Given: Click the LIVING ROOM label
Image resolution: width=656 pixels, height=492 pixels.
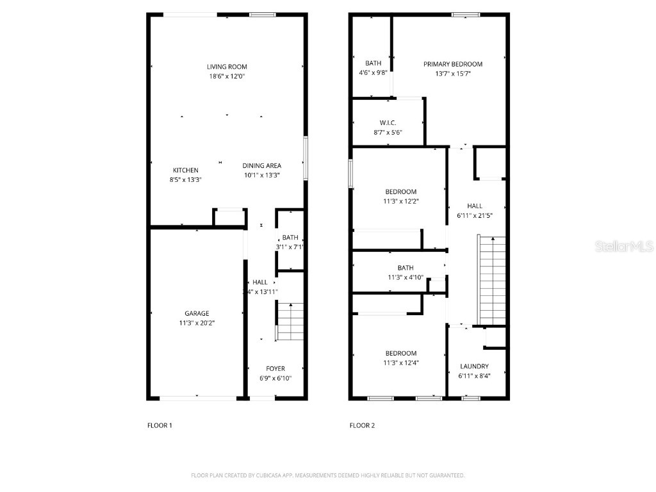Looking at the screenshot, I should (227, 67).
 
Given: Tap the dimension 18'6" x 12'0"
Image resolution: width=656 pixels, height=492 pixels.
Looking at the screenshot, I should (227, 76).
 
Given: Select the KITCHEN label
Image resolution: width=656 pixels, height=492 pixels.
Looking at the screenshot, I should (184, 170).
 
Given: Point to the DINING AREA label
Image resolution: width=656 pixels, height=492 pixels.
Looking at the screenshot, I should (261, 166).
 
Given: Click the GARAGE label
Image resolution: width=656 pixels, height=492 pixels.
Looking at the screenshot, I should (197, 314).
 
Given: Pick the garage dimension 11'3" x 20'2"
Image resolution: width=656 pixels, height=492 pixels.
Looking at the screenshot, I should (197, 324).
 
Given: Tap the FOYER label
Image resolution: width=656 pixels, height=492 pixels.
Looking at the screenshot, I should (275, 369).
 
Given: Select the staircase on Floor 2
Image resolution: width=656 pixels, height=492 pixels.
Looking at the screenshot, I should (492, 280).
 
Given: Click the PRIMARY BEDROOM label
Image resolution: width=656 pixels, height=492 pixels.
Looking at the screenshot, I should (453, 64).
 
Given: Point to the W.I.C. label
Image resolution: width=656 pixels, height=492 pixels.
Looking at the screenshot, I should (388, 123).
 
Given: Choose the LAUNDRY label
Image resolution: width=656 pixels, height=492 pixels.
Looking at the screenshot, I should (474, 366).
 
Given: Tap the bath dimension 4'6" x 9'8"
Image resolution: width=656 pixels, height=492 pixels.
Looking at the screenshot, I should (373, 72).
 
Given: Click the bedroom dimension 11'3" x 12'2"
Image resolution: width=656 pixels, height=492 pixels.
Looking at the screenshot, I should (400, 201).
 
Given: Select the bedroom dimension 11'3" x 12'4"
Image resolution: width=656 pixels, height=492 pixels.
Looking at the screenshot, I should (400, 363).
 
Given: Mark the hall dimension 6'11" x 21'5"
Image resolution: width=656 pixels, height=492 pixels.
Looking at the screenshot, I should (475, 215).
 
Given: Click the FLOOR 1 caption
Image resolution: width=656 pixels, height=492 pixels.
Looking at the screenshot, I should (160, 425).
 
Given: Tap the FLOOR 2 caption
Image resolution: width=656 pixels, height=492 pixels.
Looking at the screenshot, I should (362, 425).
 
